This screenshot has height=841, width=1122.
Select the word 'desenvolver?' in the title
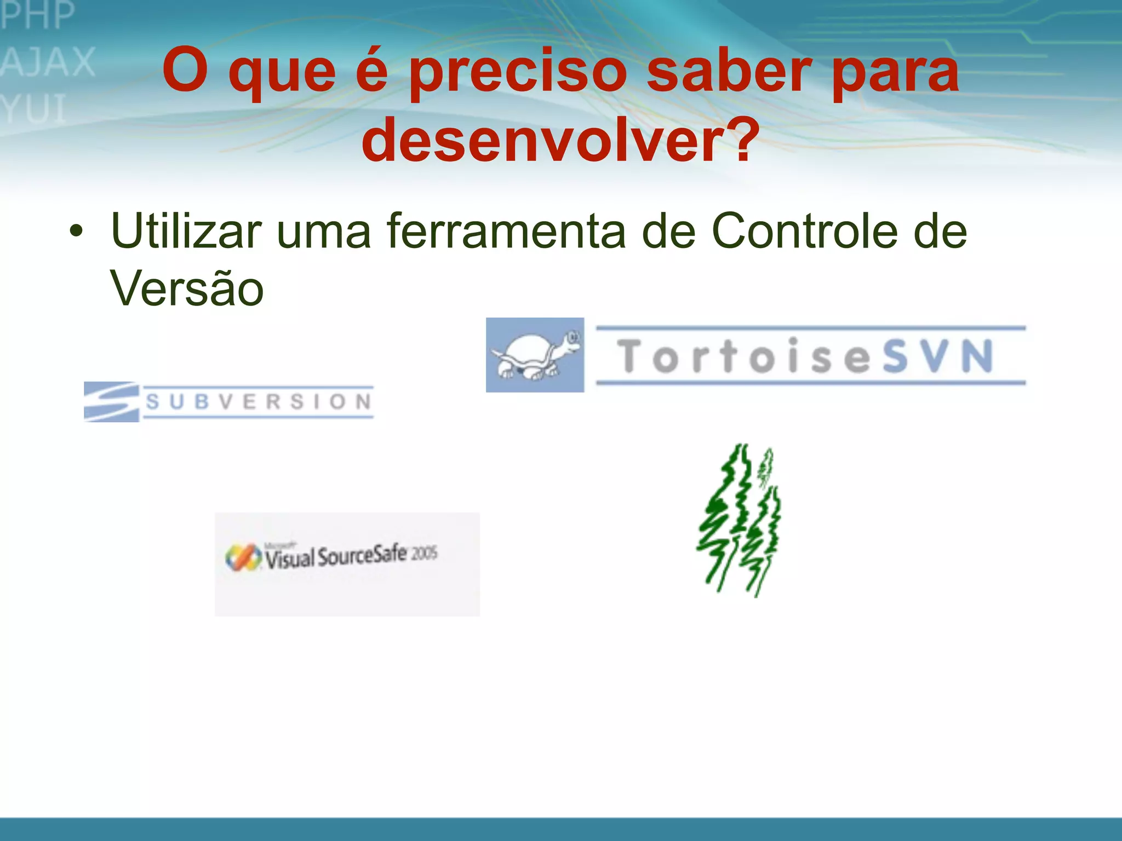(561, 140)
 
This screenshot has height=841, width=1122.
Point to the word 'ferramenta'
(506, 231)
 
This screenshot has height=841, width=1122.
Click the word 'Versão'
(187, 288)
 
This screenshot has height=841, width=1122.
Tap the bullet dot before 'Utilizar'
(77, 232)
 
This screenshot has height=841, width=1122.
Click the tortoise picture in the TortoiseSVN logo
(535, 355)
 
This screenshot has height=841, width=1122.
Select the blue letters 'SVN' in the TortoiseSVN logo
(938, 356)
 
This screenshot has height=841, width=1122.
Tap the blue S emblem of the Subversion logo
(111, 401)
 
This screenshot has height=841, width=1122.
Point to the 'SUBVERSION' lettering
(259, 402)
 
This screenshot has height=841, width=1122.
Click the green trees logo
(740, 520)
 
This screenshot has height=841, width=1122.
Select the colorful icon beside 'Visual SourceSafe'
(243, 557)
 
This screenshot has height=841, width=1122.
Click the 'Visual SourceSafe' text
(336, 556)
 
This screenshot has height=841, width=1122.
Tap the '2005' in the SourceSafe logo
(425, 554)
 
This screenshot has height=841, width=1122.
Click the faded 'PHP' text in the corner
(37, 15)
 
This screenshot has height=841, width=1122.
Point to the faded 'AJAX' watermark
(48, 62)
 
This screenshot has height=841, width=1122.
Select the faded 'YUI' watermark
(34, 108)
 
